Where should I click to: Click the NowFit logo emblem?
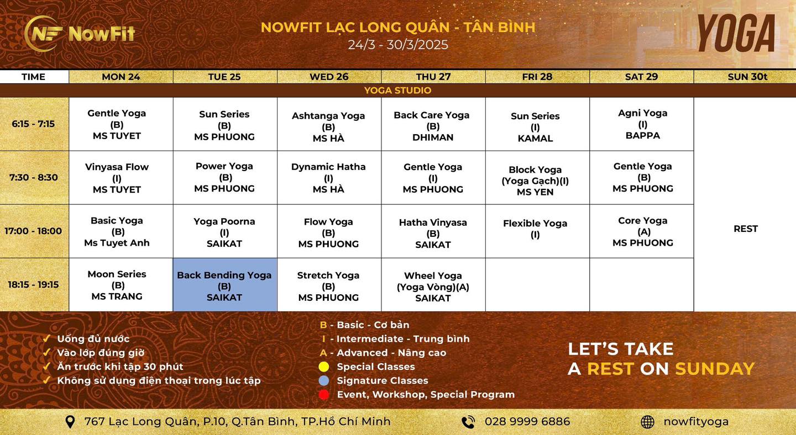point(44,34)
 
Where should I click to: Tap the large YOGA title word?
point(736,34)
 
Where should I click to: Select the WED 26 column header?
point(329,77)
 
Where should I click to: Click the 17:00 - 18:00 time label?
point(33,231)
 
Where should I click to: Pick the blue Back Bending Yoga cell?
point(224,285)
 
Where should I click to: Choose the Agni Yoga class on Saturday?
point(642,124)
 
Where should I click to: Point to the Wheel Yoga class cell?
point(433,286)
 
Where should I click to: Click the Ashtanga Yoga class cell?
point(328,126)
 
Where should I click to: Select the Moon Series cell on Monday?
point(117,285)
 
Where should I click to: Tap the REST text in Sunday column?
point(745,229)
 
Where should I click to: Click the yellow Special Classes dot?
point(324,367)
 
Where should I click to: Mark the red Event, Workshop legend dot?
point(324,395)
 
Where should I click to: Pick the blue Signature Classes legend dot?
point(324,380)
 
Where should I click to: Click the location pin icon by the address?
point(70,422)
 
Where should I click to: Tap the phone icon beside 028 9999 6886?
point(468,422)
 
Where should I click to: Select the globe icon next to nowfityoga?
point(647,422)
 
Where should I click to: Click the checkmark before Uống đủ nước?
point(47,338)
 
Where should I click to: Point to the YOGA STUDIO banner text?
point(397,91)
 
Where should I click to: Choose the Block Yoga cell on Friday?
point(535,181)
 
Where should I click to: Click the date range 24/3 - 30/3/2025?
point(398,45)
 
